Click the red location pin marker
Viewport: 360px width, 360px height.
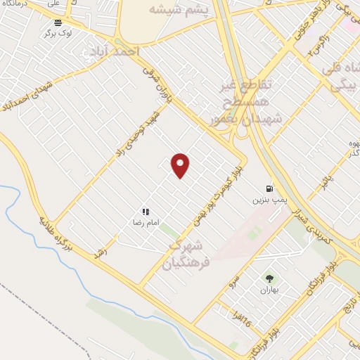pos(180,165)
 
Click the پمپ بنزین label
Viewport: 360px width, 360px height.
pos(268,200)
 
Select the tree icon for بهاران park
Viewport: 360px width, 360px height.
pos(269,278)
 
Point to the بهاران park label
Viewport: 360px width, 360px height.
pos(269,290)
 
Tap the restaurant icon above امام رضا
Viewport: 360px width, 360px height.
pos(145,211)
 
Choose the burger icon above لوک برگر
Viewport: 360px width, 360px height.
pos(58,22)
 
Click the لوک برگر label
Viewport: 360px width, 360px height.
pos(58,33)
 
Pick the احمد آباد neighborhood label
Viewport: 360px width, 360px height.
pos(111,52)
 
